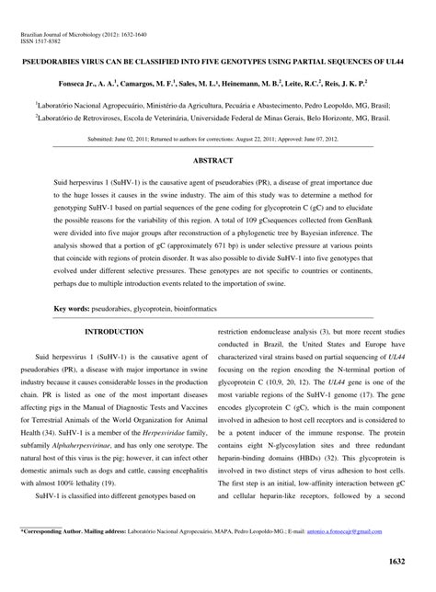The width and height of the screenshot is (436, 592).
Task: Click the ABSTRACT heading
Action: [x=218, y=159]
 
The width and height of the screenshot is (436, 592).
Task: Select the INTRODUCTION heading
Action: [x=114, y=331]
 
